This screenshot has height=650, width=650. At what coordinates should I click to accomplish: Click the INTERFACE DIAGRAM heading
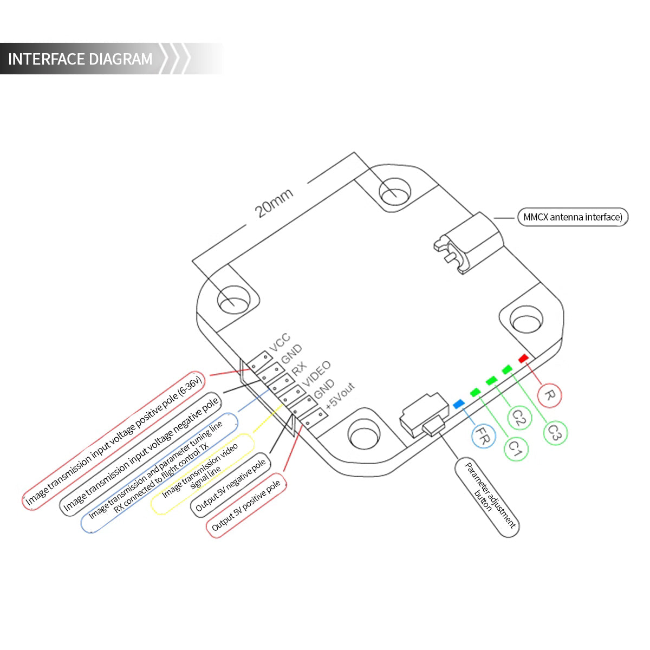point(80,59)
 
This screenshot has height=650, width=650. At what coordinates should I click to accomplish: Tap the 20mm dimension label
point(275,203)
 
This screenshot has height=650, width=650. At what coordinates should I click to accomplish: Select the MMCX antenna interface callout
point(573,217)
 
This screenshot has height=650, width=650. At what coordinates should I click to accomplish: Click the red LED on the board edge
point(523,359)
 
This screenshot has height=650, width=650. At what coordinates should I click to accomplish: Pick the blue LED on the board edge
point(458,404)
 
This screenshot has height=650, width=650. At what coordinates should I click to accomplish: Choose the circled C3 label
point(554,433)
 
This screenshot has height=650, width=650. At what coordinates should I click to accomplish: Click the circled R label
point(548,395)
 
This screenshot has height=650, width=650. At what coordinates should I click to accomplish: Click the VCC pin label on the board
point(279,342)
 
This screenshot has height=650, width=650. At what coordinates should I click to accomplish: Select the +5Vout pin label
point(340,395)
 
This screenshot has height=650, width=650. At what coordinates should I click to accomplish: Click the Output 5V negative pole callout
point(231,485)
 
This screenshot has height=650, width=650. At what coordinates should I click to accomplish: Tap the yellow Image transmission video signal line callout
point(201,473)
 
